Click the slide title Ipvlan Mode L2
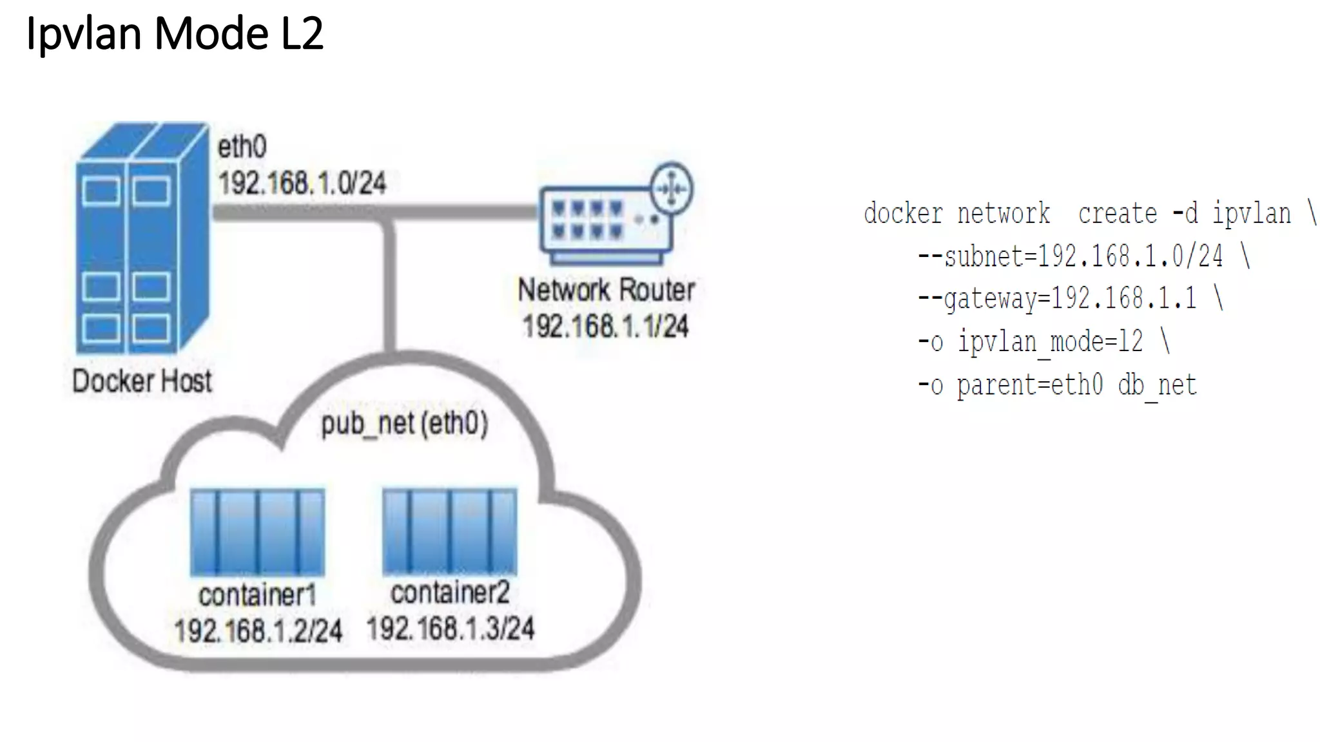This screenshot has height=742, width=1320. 174,33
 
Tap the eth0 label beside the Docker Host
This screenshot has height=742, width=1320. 242,147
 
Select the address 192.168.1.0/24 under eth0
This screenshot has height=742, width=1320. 302,184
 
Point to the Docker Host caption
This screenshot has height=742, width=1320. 142,381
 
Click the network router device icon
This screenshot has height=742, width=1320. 606,225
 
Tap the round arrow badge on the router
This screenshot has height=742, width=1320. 672,189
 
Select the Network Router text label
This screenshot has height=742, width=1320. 606,290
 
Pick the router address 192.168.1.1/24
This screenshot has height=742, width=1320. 606,327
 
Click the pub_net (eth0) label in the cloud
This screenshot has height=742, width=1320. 404,424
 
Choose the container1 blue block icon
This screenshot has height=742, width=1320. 257,532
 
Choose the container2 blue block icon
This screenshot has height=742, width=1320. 449,531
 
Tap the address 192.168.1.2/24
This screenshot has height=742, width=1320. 258,631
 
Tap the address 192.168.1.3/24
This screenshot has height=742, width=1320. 450,628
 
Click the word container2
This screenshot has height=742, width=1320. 450,593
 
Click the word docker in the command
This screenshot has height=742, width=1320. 902,214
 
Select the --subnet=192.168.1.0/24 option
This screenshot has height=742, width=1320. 1070,257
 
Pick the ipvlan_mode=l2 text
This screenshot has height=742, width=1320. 1050,342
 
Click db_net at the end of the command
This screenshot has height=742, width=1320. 1157,385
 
